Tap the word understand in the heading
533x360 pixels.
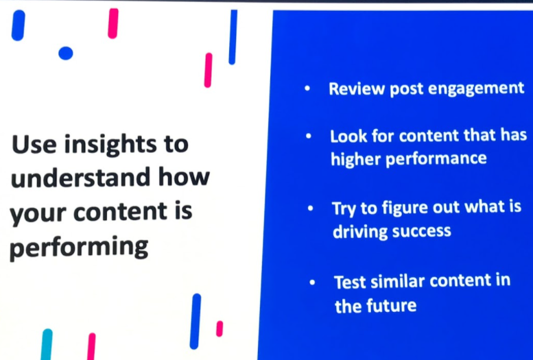point(81,178)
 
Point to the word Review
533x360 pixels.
point(357,88)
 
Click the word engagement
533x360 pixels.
point(476,89)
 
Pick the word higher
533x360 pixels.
point(355,159)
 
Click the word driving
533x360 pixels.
point(360,232)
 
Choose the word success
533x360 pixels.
point(421,232)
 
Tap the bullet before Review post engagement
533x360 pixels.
point(307,88)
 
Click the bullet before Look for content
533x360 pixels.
point(309,136)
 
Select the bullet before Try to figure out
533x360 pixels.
point(310,208)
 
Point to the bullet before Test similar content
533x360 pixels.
point(312,282)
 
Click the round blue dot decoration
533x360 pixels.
point(66,53)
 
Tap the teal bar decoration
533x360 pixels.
point(47,344)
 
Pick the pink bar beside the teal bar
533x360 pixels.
point(91,346)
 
